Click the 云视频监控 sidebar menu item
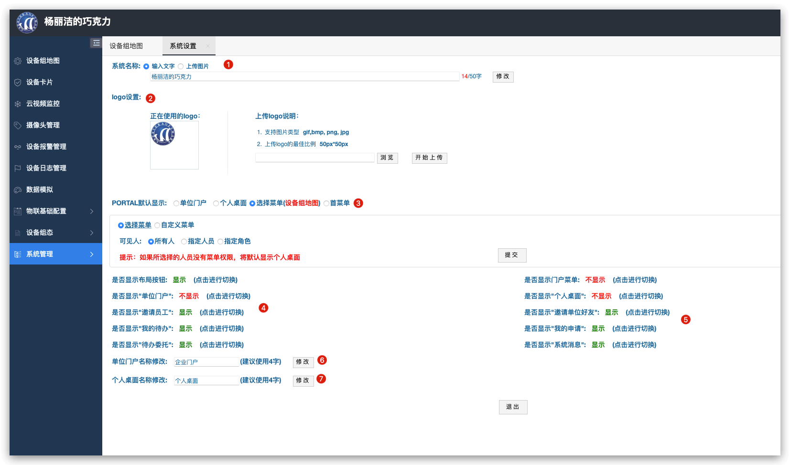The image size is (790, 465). [x=43, y=104]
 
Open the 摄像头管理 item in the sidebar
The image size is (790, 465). [x=43, y=125]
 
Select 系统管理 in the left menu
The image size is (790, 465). [x=56, y=254]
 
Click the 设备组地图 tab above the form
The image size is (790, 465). [x=126, y=46]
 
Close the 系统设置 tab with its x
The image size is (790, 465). [x=208, y=46]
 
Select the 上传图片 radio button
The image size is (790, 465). [x=181, y=66]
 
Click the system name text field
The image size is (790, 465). [x=304, y=76]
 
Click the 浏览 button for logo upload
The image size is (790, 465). [x=387, y=158]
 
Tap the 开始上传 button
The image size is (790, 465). [x=429, y=158]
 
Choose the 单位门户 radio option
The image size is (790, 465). [x=176, y=203]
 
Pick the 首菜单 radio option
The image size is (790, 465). [x=326, y=203]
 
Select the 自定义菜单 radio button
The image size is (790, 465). [x=157, y=225]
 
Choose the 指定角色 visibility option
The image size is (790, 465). [x=220, y=241]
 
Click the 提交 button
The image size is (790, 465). [x=512, y=255]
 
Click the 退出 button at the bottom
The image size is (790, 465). [x=513, y=407]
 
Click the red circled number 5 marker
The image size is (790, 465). [x=686, y=319]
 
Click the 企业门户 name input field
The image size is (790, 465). [x=206, y=362]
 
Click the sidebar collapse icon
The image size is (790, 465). [x=96, y=43]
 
